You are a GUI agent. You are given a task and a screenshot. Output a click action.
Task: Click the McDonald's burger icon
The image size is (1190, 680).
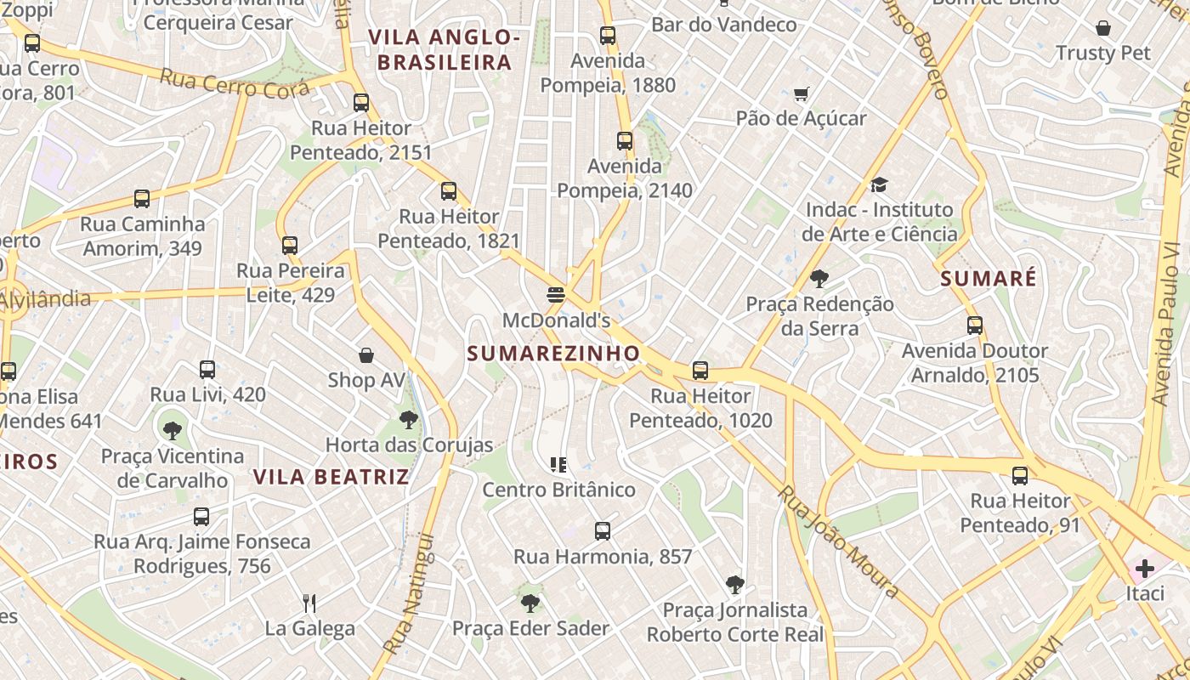[557, 295]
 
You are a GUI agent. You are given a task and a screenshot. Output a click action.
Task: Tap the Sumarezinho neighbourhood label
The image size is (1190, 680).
[553, 353]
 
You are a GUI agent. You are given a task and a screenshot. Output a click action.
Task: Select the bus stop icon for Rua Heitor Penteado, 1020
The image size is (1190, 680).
[700, 371]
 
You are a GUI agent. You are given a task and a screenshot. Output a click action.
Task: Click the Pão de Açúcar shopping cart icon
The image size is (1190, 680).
[801, 93]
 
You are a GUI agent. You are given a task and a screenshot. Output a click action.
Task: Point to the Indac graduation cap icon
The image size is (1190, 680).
[879, 184]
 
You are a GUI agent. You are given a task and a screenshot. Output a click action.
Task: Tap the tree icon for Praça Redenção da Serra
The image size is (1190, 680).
[819, 278]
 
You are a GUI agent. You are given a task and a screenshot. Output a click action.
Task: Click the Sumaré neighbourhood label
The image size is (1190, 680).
[989, 278]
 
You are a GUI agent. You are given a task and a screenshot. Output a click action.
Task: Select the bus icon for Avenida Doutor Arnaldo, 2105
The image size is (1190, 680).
[975, 326]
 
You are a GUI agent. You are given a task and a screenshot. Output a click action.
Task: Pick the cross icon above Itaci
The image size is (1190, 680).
[1145, 568]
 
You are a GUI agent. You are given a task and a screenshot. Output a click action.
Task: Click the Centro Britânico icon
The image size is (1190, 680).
[558, 464]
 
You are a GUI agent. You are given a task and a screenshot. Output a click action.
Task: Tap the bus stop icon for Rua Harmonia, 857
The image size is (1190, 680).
[603, 531]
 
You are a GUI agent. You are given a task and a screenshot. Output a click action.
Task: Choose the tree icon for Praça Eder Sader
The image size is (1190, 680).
[530, 603]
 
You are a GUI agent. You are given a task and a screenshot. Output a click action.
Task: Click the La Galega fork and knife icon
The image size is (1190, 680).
[309, 603]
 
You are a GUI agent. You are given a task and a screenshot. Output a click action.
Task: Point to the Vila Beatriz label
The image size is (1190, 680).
[331, 476]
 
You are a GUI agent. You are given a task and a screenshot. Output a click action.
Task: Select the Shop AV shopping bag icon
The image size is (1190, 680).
[366, 354]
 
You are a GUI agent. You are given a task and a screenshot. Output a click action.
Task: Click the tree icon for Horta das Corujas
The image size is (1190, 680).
[409, 419]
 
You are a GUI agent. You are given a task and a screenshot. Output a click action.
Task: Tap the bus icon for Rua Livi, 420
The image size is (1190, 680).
[207, 370]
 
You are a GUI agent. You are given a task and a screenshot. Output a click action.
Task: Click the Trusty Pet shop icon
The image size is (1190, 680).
[1103, 28]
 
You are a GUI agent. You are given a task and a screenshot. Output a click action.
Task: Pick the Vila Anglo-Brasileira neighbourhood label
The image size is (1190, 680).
[445, 49]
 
